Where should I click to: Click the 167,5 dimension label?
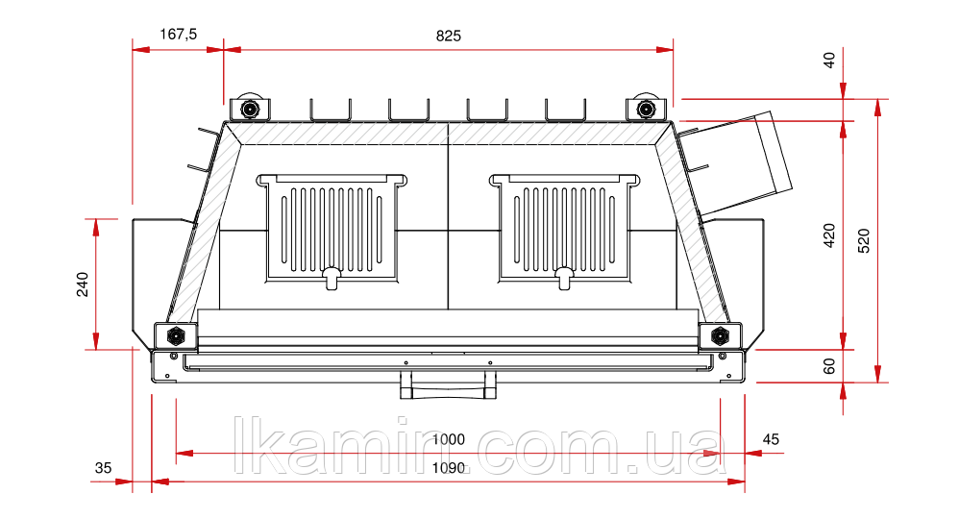[178, 35]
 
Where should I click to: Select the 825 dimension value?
[449, 36]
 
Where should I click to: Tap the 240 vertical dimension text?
[83, 284]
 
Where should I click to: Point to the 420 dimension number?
[830, 235]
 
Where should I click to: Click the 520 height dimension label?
[863, 240]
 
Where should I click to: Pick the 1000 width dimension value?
[448, 439]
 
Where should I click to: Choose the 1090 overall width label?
[448, 469]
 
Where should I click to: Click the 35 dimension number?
[103, 468]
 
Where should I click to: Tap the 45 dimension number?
[771, 439]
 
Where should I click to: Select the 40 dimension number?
[830, 60]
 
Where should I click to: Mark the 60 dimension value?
[830, 365]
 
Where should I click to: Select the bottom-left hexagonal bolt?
[176, 335]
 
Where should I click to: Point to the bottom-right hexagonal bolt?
[719, 335]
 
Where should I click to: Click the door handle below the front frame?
[449, 385]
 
